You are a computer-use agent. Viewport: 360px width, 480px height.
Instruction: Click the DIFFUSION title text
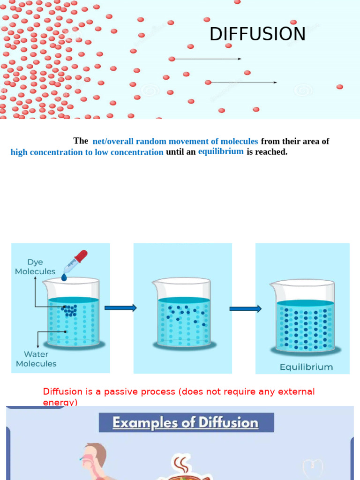point(257,34)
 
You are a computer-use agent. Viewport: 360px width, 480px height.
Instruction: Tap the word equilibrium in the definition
point(221,151)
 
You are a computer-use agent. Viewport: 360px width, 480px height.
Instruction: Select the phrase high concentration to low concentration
point(87,152)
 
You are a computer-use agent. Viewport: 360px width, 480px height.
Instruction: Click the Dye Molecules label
point(35,267)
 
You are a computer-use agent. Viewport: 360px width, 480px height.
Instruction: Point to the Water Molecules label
point(36,359)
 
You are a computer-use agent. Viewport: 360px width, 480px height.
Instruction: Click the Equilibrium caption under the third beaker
point(306,367)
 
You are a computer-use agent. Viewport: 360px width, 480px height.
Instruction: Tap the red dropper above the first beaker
point(77,261)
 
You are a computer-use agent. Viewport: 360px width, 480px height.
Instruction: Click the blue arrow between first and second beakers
point(120,308)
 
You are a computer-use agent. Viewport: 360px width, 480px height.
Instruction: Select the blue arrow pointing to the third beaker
point(245,308)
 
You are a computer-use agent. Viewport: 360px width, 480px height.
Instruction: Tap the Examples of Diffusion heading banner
point(186,423)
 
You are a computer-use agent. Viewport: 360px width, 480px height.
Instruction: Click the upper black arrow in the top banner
point(206,59)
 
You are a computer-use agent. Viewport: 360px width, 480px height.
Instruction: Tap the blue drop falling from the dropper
point(64,277)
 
